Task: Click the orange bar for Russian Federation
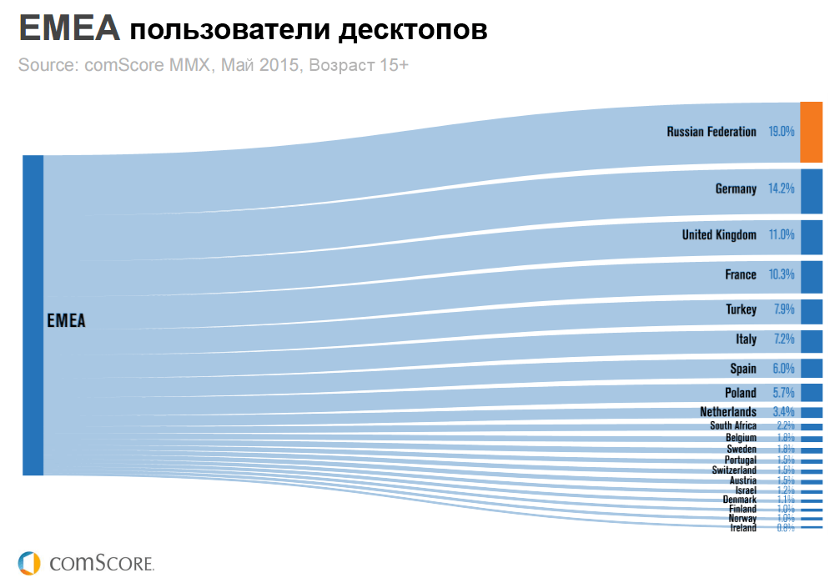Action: [x=812, y=132]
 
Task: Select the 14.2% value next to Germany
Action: [x=782, y=189]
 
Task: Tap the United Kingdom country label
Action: [x=719, y=235]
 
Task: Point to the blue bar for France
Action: [x=812, y=275]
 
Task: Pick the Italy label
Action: [x=747, y=339]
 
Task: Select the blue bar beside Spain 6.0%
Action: [x=812, y=369]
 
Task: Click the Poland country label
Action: [x=741, y=393]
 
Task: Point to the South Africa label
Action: [x=733, y=426]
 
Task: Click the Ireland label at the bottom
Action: [x=743, y=528]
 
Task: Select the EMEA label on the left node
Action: [x=67, y=320]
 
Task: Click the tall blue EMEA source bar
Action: [x=33, y=315]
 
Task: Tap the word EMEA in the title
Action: [x=69, y=30]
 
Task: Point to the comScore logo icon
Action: [x=29, y=561]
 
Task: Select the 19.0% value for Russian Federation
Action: [x=782, y=132]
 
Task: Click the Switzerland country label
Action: [x=734, y=470]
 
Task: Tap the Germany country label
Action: [x=736, y=189]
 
